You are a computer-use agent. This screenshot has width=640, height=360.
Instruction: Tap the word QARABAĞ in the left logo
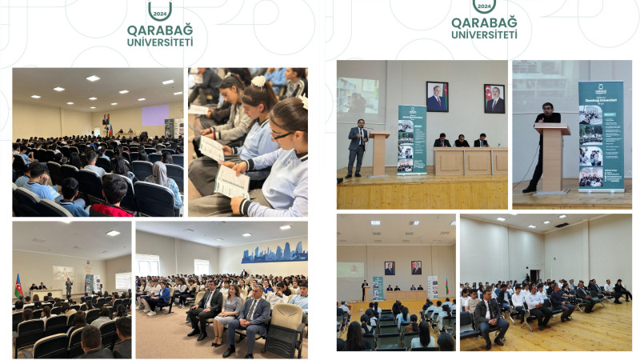click(160, 30)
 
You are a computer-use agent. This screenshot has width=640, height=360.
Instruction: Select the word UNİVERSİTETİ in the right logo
click(484, 34)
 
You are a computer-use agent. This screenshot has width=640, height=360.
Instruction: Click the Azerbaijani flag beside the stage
click(18, 285)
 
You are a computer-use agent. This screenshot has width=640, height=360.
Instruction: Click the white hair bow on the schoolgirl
click(258, 81)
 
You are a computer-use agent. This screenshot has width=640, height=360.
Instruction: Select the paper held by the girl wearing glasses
click(232, 183)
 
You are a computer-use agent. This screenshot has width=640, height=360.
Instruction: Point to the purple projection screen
click(155, 115)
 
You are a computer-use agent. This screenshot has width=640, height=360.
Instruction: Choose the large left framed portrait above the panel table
click(437, 98)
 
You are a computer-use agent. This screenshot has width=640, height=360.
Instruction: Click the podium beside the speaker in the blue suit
click(379, 153)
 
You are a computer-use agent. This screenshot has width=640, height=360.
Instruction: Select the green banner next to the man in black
click(601, 136)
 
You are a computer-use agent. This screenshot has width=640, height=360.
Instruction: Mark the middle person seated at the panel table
click(462, 142)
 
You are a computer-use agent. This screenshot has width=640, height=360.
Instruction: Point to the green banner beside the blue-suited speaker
click(411, 139)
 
